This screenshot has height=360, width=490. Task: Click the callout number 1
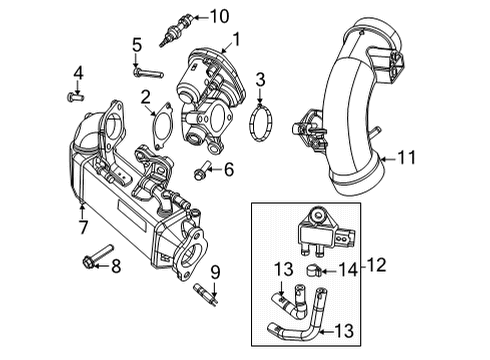tap(237, 40)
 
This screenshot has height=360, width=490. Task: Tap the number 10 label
tap(219, 16)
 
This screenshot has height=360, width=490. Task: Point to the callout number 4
tap(76, 71)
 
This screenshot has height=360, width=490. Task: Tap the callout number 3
tap(260, 78)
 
